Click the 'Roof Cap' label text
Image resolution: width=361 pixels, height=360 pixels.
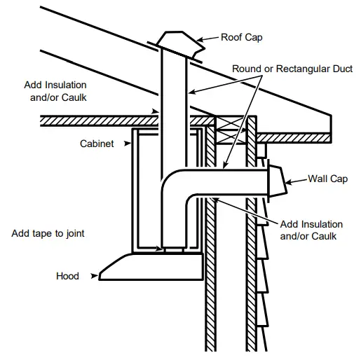(x=243, y=38)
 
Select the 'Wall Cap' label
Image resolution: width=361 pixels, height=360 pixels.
(x=328, y=179)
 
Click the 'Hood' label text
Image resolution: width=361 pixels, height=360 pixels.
(x=67, y=276)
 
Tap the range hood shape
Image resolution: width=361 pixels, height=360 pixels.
(x=151, y=265)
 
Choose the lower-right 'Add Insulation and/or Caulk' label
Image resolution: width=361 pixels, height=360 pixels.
(x=311, y=230)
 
